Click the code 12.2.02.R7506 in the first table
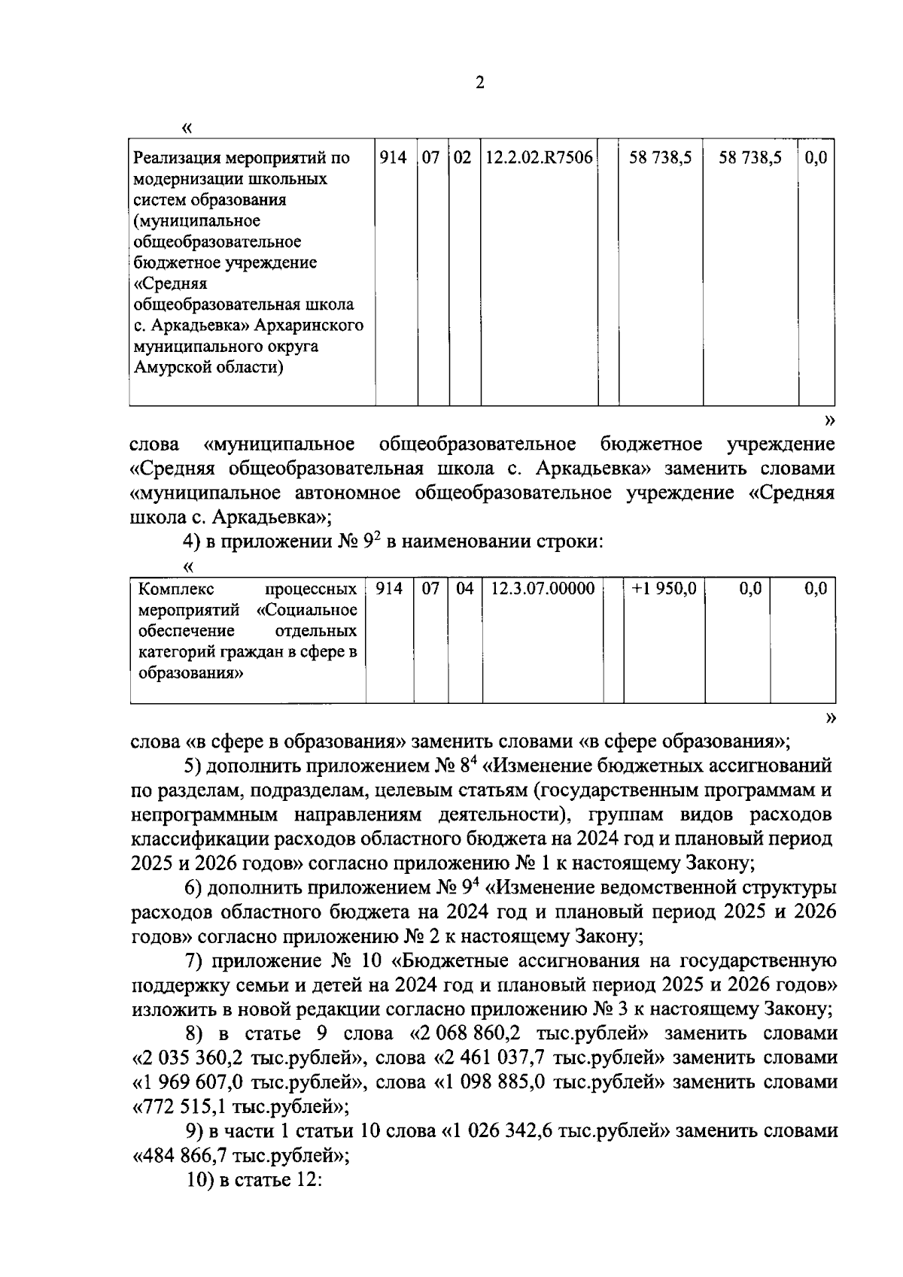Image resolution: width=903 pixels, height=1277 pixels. [x=539, y=158]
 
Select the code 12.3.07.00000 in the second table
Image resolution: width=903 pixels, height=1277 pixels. [x=543, y=589]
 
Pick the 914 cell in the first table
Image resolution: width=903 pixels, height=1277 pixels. [x=393, y=158]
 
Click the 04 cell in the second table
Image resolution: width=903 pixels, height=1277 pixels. [x=465, y=589]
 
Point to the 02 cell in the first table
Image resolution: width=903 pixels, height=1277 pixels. [x=463, y=158]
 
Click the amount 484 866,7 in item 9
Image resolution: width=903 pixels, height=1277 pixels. [x=185, y=1154]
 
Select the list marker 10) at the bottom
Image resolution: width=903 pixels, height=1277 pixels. [x=200, y=1179]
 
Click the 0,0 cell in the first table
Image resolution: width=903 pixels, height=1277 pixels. [x=815, y=158]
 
